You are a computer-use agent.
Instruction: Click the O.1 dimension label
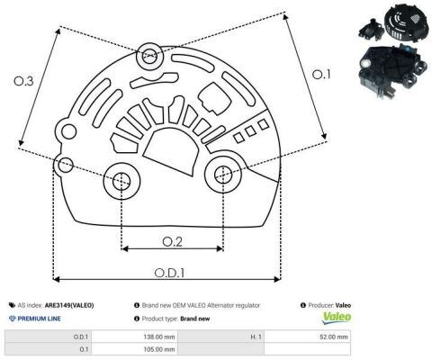point(321,74)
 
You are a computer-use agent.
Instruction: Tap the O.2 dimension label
point(172,242)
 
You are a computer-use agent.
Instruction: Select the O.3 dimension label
point(23,81)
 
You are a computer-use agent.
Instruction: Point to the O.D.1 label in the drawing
point(169,273)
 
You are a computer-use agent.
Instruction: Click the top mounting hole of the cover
point(149,56)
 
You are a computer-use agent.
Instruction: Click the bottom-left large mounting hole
point(121,181)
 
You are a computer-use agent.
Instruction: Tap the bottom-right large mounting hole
point(223,175)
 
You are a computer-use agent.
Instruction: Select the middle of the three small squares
point(250,130)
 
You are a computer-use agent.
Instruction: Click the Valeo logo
point(337,318)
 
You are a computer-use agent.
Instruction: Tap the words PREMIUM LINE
point(39,319)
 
